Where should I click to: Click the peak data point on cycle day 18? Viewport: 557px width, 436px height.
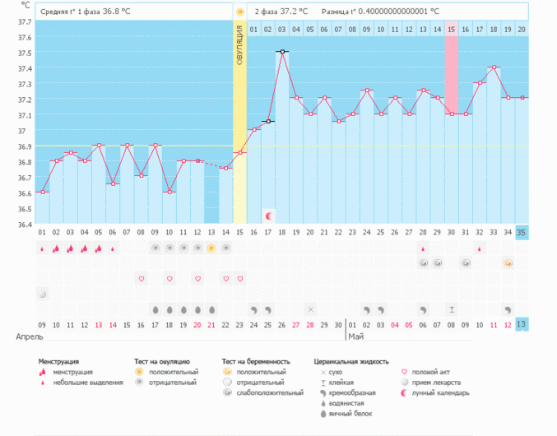pyautogui.click(x=282, y=52)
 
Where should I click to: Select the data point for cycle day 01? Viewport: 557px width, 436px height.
pyautogui.click(x=43, y=192)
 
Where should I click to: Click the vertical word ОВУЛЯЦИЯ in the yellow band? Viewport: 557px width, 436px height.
pyautogui.click(x=239, y=45)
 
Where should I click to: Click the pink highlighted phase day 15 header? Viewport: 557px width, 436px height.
pyautogui.click(x=452, y=30)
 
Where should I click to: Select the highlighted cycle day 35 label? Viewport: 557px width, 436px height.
pyautogui.click(x=522, y=232)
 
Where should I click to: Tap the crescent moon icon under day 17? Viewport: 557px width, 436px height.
pyautogui.click(x=268, y=216)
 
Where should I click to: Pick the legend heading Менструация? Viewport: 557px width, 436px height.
pyautogui.click(x=58, y=361)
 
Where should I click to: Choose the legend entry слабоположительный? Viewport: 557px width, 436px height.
pyautogui.click(x=267, y=393)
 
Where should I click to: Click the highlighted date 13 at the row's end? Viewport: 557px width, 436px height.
pyautogui.click(x=522, y=325)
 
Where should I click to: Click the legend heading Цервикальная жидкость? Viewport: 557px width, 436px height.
pyautogui.click(x=351, y=361)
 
